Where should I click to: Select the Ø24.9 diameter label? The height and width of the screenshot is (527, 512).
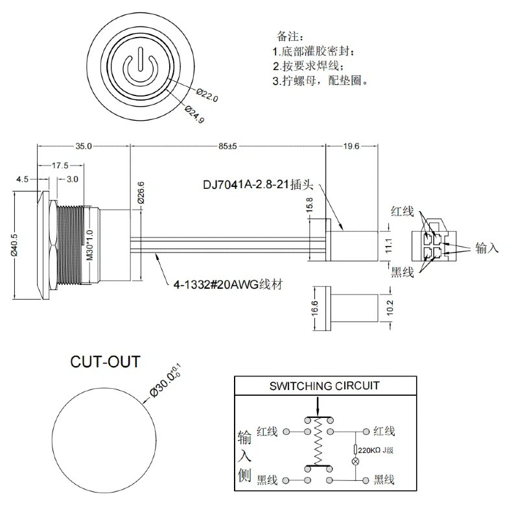[194, 114]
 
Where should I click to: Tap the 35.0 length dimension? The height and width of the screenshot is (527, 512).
[84, 146]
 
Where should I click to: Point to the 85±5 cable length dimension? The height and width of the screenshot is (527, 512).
[227, 146]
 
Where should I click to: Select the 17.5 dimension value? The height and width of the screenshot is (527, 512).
[62, 165]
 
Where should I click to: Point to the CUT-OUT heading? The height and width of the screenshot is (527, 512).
[104, 362]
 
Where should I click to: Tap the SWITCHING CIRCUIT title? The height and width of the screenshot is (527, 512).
[324, 386]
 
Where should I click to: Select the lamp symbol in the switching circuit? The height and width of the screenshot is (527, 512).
[355, 461]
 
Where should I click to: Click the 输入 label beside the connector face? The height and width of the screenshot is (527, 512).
[487, 248]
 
